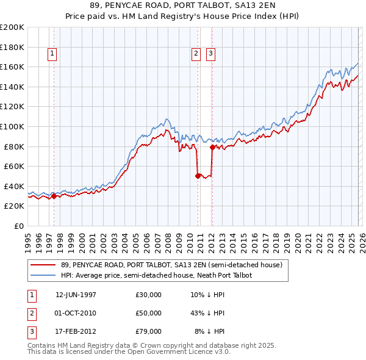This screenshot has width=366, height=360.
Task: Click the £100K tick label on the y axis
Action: point(12,126)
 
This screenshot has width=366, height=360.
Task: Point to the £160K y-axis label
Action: point(12,67)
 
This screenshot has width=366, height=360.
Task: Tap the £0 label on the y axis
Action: point(18,226)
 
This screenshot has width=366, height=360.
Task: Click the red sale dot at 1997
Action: point(54,196)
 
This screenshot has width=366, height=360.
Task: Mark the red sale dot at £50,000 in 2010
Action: point(198,176)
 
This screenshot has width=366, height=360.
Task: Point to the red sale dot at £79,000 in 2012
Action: point(212,147)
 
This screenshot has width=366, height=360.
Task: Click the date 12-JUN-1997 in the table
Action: point(76,295)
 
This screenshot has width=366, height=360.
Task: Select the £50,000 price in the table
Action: point(148,313)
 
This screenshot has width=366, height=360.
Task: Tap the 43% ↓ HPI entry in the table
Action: point(207,313)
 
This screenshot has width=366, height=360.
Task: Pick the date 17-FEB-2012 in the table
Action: point(76,331)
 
